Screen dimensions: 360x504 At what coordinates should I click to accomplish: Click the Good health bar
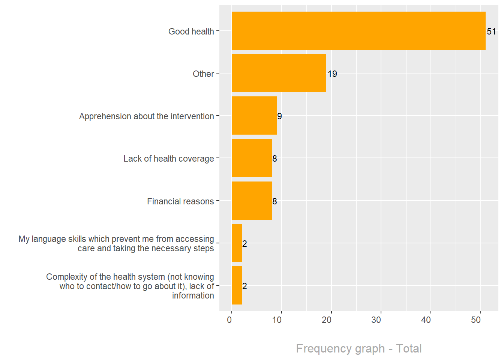coord(358,31)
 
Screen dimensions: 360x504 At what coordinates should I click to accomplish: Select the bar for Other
coord(279,73)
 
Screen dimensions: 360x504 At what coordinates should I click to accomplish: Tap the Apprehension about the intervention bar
coord(254,115)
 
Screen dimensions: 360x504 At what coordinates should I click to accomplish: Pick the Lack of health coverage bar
coord(252,158)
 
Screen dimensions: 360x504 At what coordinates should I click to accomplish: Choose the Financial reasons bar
coord(252,201)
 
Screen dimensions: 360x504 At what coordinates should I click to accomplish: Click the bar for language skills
coord(237,243)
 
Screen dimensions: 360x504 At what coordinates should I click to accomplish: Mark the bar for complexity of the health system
coord(237,285)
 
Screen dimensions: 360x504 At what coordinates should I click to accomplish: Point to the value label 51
coord(491,31)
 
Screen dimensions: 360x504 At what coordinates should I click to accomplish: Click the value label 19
coord(332,74)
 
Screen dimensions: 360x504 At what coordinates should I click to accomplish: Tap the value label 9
coord(279,116)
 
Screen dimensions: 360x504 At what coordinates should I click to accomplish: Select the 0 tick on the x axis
coord(229,320)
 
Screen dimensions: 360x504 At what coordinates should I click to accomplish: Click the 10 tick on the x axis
coord(277,320)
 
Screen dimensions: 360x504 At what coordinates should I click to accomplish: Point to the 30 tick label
coord(376,320)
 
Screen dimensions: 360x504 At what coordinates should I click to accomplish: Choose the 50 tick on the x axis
coord(476,320)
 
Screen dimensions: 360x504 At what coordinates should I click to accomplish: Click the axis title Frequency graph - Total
coord(359,348)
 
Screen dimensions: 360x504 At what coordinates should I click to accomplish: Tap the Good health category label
coord(191,31)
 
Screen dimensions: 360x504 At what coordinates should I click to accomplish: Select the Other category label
coord(203,74)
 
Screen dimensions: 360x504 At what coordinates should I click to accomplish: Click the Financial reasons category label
coord(180,201)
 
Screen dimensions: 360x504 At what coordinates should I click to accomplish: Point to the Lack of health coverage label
coord(169,159)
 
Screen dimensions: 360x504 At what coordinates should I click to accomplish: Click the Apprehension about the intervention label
coord(146,116)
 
